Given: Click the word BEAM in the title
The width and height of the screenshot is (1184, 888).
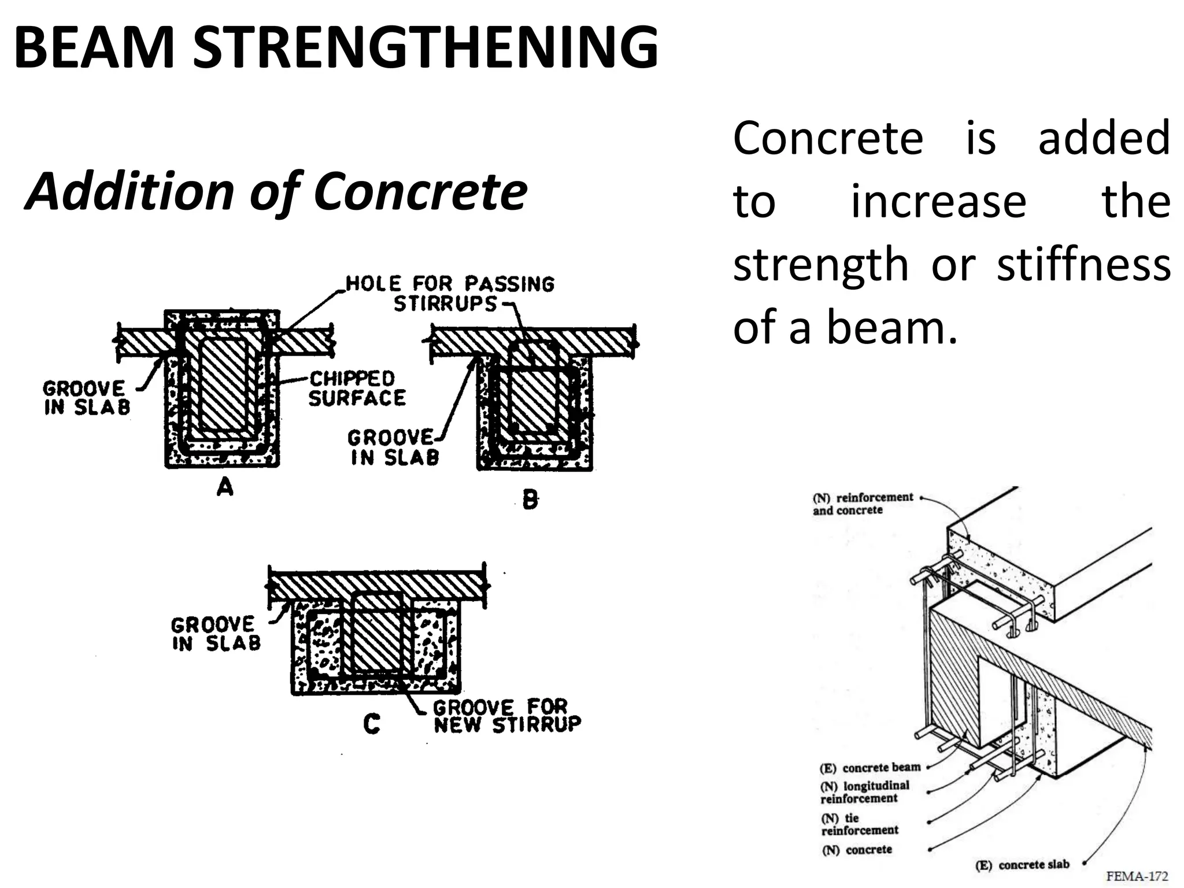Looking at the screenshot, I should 94,47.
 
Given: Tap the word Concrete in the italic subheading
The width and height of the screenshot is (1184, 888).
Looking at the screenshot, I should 420,192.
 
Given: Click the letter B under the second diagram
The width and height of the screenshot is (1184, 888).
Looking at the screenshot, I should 530,499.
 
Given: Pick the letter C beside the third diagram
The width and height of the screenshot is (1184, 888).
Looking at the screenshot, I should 372,723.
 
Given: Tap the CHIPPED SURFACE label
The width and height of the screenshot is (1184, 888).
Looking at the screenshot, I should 357,388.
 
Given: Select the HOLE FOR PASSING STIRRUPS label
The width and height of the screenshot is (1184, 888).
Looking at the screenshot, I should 449,294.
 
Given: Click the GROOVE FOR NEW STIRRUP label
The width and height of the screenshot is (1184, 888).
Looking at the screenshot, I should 507,715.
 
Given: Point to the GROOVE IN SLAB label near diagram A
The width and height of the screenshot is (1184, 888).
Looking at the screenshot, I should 86,398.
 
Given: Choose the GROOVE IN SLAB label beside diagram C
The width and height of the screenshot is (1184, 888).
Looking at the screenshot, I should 216,634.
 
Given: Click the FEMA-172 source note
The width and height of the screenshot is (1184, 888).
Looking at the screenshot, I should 1137,876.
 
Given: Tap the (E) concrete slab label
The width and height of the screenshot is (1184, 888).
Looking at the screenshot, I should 1022,865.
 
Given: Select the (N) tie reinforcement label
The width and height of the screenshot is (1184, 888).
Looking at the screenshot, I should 859,824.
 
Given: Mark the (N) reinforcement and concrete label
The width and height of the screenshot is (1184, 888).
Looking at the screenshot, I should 862,504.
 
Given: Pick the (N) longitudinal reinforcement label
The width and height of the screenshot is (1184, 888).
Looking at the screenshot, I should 864,792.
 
